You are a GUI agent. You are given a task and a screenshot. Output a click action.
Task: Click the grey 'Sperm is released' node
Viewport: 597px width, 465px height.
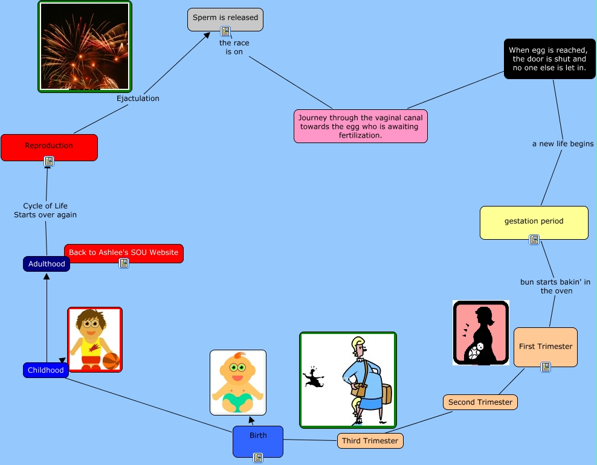coord(225,18)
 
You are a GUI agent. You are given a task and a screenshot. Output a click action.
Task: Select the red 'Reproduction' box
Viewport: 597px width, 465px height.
coord(49,146)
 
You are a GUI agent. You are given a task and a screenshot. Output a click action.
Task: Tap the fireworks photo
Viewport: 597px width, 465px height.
coord(85,46)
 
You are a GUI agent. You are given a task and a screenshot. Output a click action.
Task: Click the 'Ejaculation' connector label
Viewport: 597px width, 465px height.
coord(138,98)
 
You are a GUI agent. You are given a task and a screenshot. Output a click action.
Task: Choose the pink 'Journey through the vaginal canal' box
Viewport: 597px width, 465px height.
coord(361,126)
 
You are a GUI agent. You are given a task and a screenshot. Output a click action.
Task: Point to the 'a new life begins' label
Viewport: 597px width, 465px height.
coord(563,144)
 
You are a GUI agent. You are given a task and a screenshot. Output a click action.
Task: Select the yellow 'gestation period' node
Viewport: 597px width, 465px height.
coord(534,222)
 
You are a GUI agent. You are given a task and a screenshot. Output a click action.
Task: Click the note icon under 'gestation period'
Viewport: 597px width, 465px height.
coord(534,240)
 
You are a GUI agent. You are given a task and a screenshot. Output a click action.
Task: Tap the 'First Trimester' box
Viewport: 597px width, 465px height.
coord(546,347)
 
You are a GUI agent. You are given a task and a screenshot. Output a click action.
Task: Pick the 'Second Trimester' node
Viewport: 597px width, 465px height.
coord(480,402)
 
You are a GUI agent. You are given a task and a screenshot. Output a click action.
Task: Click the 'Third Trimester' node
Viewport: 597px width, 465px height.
coord(370,441)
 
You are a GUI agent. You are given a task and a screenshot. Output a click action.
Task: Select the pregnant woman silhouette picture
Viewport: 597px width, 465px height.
coord(481,333)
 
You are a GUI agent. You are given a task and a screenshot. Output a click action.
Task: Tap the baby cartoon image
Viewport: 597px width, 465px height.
coord(238,382)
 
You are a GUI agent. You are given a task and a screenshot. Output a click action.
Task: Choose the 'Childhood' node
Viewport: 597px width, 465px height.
coord(46,370)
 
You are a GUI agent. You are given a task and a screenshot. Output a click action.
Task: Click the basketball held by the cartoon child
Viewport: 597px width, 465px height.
coord(111,361)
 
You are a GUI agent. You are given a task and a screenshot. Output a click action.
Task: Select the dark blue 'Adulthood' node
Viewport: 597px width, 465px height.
coord(47,264)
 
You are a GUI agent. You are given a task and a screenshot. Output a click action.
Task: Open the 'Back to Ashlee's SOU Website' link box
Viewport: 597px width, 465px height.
coord(124,253)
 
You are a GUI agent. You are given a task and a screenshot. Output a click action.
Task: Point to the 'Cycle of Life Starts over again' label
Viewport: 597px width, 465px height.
coord(45,210)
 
